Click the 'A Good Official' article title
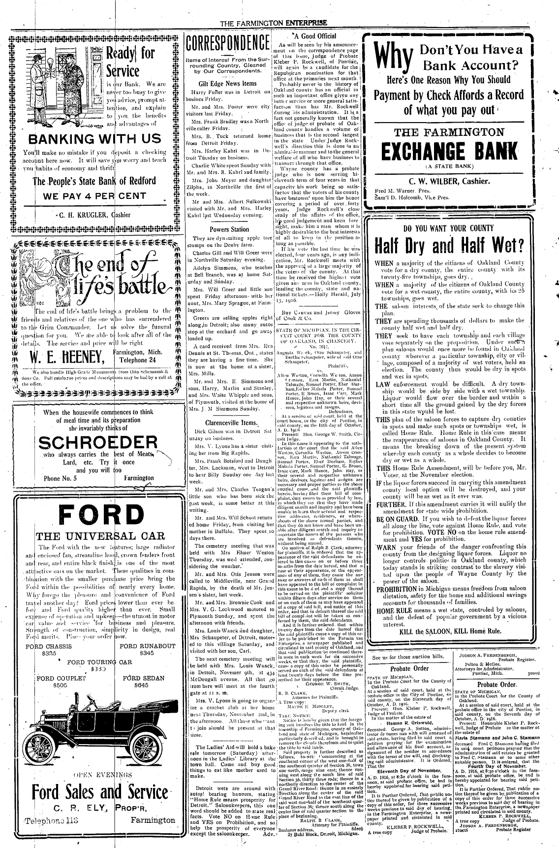click(x=314, y=36)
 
